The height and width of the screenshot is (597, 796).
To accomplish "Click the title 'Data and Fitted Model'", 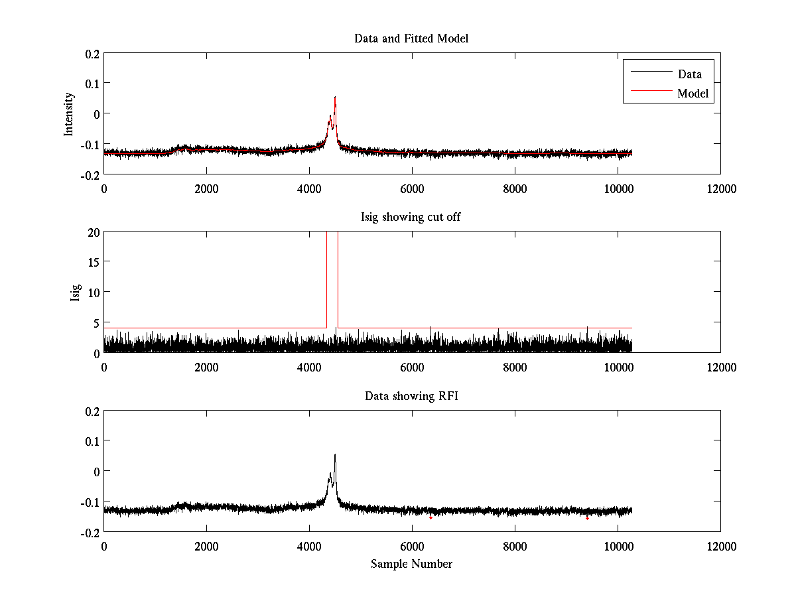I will tap(411, 38).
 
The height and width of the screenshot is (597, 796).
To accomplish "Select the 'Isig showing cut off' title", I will tap(411, 218).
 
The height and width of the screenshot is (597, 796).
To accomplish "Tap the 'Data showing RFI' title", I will tap(411, 396).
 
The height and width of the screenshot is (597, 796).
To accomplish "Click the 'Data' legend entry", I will tap(689, 74).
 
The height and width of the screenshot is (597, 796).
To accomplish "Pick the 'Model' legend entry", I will tap(693, 94).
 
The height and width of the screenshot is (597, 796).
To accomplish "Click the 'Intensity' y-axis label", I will tap(68, 113).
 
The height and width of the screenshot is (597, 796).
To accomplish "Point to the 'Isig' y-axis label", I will tap(76, 293).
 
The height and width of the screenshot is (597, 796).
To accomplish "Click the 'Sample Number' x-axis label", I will tap(411, 564).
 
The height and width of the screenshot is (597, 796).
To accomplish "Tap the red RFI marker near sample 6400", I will tap(431, 517).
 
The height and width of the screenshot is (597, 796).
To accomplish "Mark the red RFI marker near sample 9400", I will tap(587, 518).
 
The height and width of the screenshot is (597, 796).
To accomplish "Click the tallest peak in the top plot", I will tap(335, 98).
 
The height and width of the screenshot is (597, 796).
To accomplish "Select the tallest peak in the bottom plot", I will tap(335, 455).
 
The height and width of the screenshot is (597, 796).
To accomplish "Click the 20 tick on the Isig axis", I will tap(92, 232).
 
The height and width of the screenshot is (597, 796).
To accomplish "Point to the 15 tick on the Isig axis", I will tap(92, 262).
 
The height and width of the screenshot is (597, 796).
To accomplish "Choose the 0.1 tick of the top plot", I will tap(91, 83).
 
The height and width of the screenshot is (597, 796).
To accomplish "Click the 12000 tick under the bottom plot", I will tap(720, 546).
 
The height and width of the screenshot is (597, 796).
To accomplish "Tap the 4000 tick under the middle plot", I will tap(309, 367).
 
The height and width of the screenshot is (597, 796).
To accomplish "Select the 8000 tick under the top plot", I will tap(515, 188).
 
